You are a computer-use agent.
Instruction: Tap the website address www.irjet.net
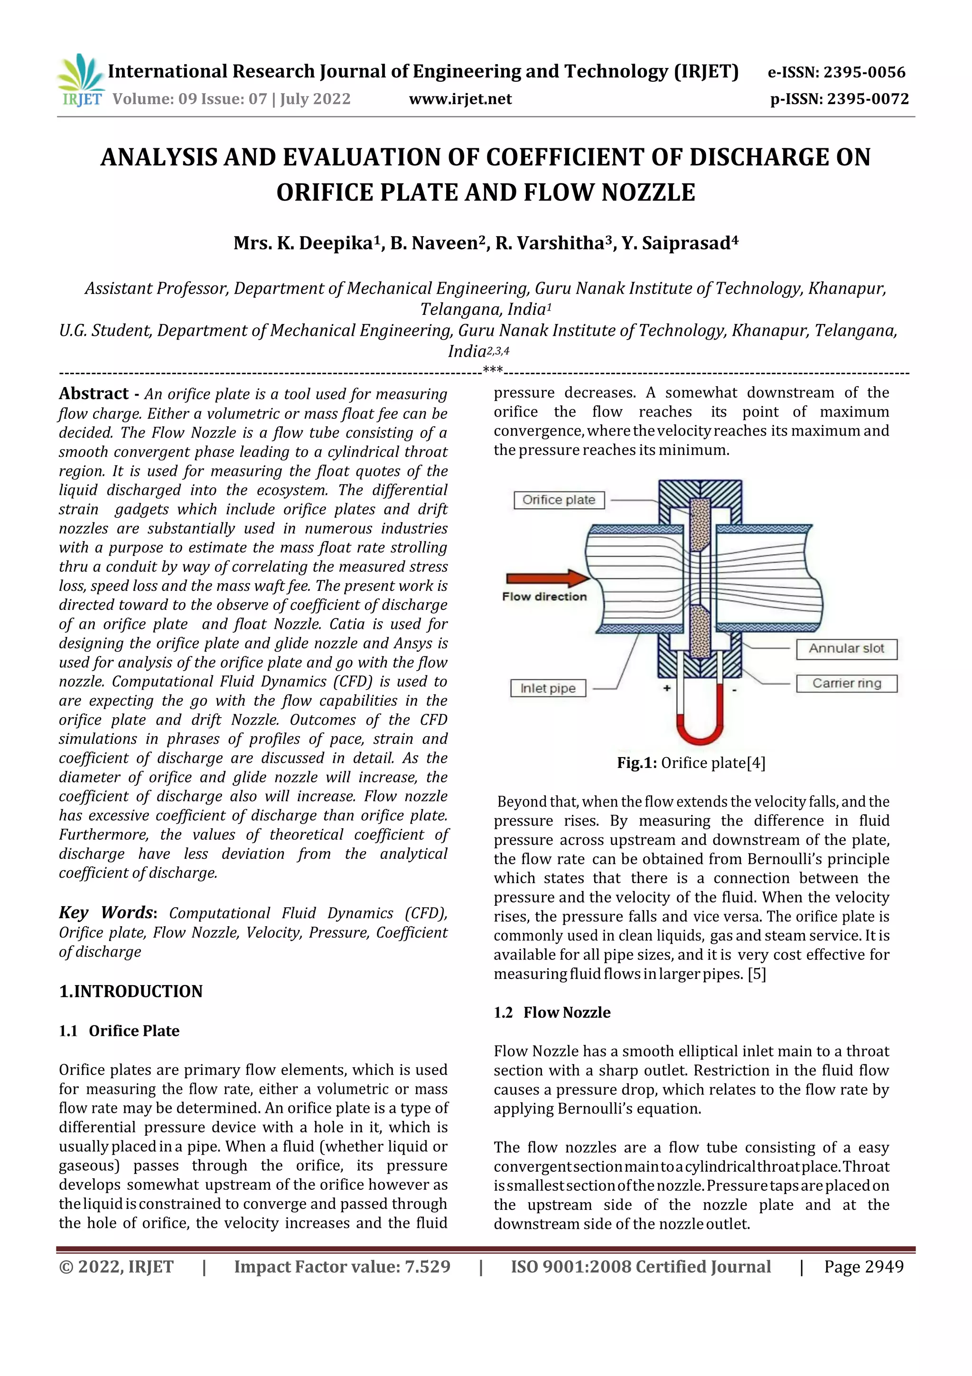[460, 99]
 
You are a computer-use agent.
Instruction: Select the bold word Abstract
[93, 394]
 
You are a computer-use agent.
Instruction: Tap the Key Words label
[107, 913]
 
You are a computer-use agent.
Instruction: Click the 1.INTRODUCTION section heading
[131, 991]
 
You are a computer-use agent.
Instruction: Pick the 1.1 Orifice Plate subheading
[119, 1031]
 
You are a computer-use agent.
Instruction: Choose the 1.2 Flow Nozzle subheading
[552, 1012]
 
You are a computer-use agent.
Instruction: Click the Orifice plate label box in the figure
[559, 500]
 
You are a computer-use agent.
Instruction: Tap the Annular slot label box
[846, 648]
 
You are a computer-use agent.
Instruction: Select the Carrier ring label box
[846, 683]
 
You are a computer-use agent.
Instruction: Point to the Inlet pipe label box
[547, 688]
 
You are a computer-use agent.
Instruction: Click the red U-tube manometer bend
[700, 734]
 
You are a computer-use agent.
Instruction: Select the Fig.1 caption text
[691, 763]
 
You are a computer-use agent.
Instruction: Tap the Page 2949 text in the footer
[863, 1266]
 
